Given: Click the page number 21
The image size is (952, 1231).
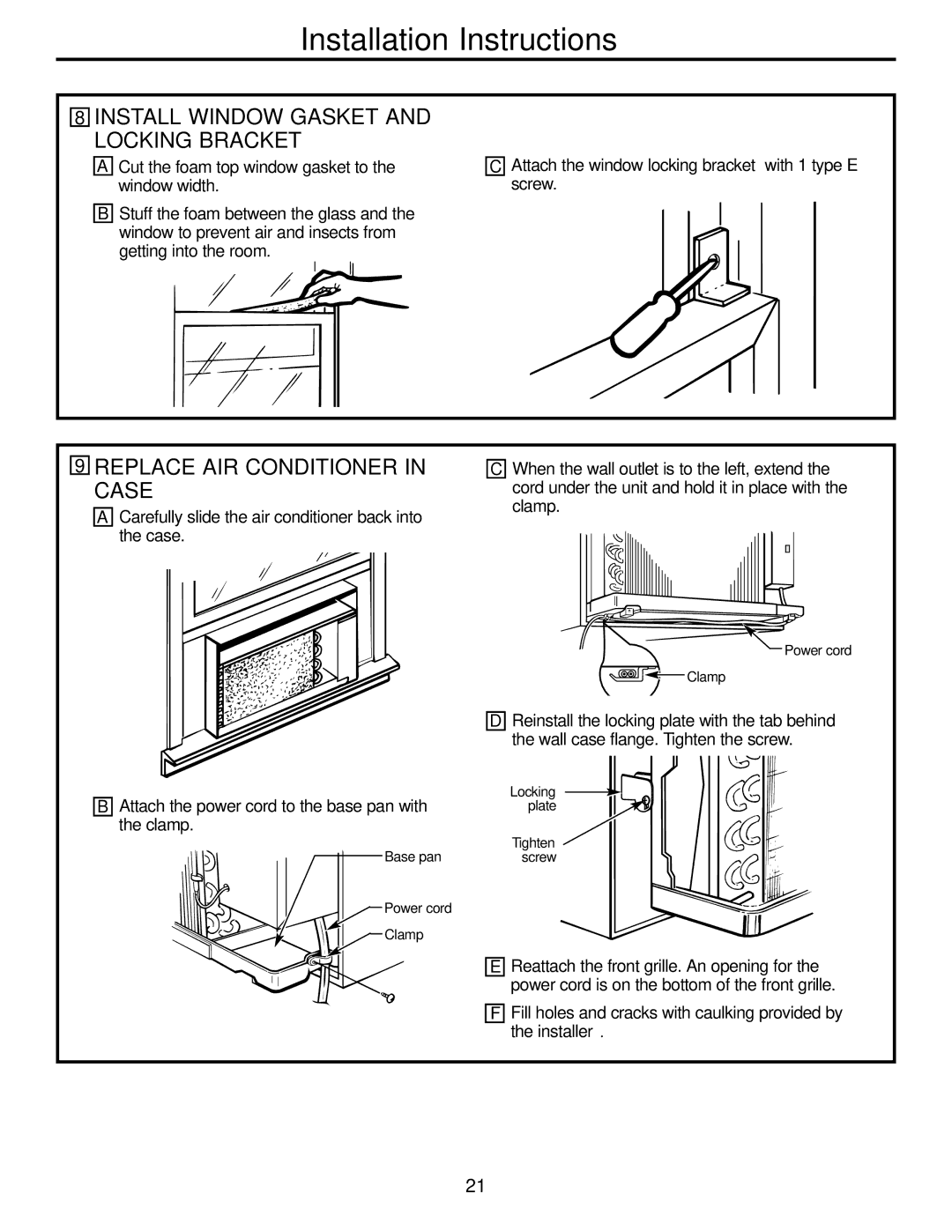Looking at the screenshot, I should click(475, 1185).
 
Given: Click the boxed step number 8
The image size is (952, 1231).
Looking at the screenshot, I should click(80, 117).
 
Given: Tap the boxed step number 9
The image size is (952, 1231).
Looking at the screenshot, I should click(80, 466).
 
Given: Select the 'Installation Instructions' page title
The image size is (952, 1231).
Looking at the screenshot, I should click(457, 40).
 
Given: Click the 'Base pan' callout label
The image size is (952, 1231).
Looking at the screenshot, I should click(413, 857).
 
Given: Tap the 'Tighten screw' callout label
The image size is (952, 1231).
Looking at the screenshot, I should click(536, 849).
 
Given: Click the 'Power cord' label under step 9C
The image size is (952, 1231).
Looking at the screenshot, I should click(817, 650).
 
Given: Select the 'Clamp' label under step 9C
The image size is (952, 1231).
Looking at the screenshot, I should click(705, 677).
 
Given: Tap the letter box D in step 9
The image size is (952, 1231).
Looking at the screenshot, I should click(497, 721).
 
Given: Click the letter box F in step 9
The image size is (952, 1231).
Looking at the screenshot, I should click(497, 1013).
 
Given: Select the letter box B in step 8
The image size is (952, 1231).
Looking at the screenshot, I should click(104, 213).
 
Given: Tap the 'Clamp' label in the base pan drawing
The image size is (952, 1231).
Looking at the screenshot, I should click(404, 934).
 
